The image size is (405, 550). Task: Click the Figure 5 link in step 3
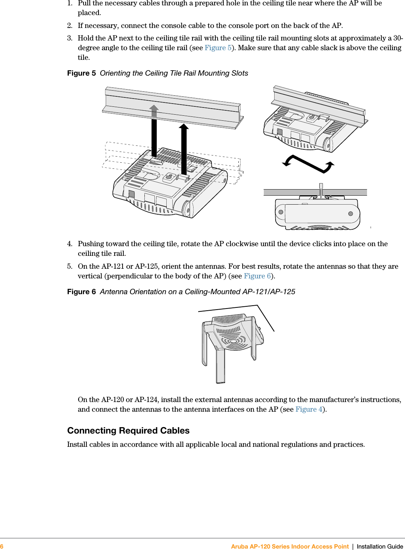click(218, 48)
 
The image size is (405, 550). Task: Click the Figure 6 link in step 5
click(257, 276)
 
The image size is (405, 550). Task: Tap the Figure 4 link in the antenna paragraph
click(309, 410)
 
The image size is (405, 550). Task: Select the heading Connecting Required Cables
click(128, 431)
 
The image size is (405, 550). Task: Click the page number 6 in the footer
click(2, 546)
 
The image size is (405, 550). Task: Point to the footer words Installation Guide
click(380, 546)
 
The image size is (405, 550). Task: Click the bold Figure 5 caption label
click(81, 73)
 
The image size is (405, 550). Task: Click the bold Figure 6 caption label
click(81, 292)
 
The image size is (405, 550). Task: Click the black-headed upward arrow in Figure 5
click(184, 147)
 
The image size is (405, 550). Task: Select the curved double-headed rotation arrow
click(308, 164)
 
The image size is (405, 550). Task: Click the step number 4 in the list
click(70, 244)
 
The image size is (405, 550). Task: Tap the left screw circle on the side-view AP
click(281, 212)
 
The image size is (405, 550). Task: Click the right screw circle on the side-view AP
click(351, 214)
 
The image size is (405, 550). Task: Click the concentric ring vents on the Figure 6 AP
click(234, 340)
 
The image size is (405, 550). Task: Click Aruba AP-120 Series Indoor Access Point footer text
click(290, 546)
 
